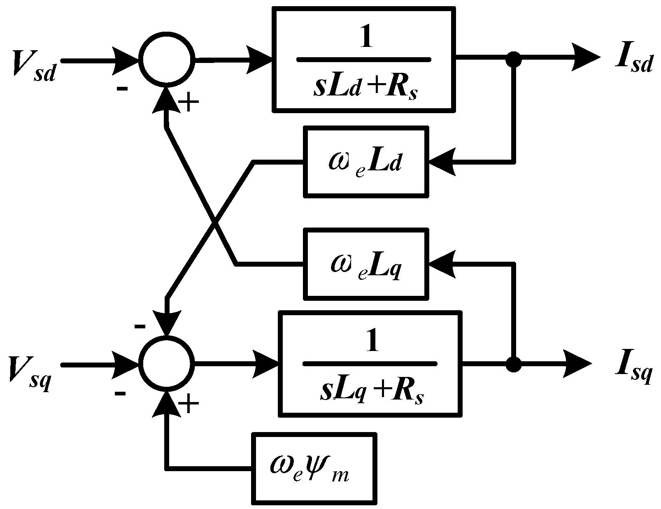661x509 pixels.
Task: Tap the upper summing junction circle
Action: coord(166,60)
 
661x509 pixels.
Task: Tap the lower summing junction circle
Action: coord(166,364)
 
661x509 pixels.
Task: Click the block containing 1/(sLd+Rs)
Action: coord(364,59)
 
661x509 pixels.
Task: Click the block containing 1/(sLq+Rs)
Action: coord(370,363)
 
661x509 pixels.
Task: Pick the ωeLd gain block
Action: coord(365,161)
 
